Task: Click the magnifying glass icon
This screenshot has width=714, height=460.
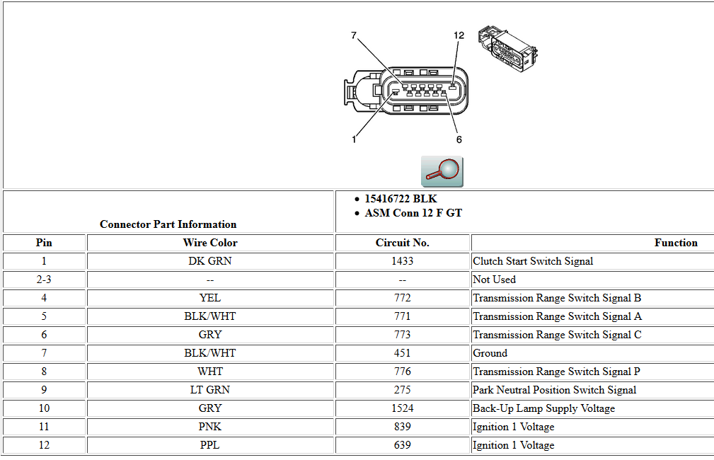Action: pyautogui.click(x=442, y=171)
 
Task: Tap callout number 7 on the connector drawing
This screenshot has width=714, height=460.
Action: pyautogui.click(x=354, y=35)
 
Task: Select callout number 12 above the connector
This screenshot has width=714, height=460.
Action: pyautogui.click(x=459, y=35)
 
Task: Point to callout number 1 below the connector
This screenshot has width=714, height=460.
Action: pyautogui.click(x=354, y=139)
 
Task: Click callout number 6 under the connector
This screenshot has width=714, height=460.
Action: pyautogui.click(x=459, y=139)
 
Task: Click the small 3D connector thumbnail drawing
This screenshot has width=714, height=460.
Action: pyautogui.click(x=507, y=50)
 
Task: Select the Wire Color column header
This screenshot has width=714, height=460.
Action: pyautogui.click(x=210, y=243)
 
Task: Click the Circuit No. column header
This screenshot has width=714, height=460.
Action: pyautogui.click(x=402, y=243)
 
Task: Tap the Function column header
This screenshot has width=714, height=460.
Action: pyautogui.click(x=675, y=243)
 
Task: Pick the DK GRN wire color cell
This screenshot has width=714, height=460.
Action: pyautogui.click(x=210, y=261)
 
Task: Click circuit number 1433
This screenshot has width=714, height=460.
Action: pyautogui.click(x=402, y=261)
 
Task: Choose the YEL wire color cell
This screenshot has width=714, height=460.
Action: pyautogui.click(x=210, y=298)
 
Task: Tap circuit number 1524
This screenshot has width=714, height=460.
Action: pyautogui.click(x=402, y=408)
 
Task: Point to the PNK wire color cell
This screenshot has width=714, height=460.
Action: pyautogui.click(x=210, y=427)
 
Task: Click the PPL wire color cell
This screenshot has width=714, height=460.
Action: pyautogui.click(x=210, y=445)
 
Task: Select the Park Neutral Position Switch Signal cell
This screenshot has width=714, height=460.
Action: pyautogui.click(x=554, y=390)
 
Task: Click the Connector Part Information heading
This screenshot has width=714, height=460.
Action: pyautogui.click(x=168, y=224)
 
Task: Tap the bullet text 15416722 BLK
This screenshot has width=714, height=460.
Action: pyautogui.click(x=401, y=199)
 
